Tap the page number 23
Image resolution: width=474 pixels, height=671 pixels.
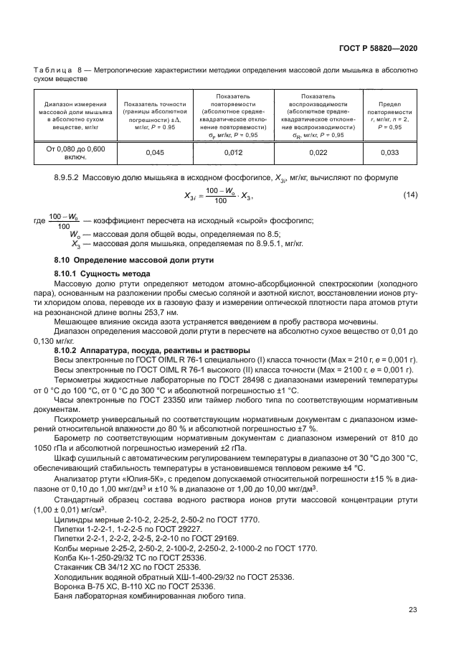click(413, 611)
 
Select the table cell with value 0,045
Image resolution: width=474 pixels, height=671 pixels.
click(155, 152)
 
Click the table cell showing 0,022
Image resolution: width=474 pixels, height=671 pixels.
click(318, 152)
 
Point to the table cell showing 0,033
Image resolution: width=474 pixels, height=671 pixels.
click(389, 152)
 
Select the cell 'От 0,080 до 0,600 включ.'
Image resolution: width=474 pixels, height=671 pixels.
click(75, 152)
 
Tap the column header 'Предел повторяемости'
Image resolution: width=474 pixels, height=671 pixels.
click(389, 116)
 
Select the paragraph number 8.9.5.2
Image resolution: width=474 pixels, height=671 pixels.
click(70, 177)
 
